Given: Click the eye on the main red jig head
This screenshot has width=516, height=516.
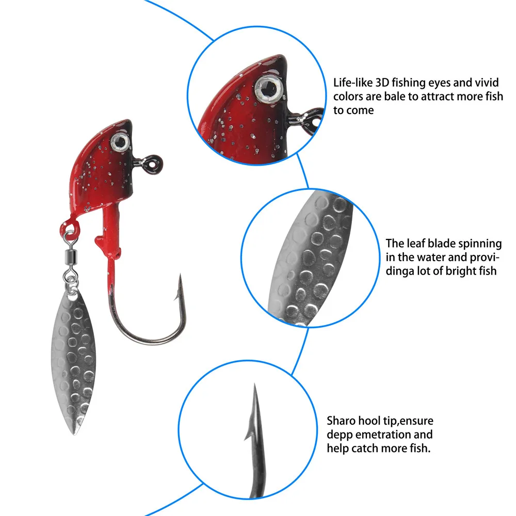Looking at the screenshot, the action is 120,142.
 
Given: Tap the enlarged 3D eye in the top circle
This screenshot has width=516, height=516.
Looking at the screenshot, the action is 269,89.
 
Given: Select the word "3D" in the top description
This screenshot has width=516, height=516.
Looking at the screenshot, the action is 382,83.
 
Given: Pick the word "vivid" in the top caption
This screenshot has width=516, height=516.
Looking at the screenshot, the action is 488,83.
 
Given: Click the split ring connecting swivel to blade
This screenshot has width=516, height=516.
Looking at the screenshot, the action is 71,280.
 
